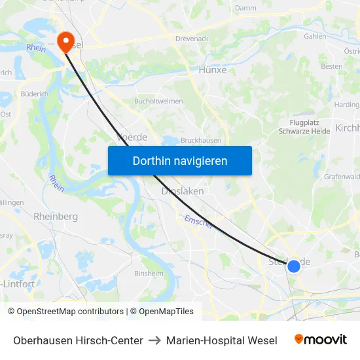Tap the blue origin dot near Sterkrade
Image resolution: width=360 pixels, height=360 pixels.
click(294, 266)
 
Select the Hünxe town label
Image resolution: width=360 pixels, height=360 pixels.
click(212, 69)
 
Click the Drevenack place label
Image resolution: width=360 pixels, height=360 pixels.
click(192, 39)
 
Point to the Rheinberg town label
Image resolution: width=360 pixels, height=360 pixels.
click(56, 216)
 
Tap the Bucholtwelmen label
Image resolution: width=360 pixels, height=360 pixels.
click(158, 101)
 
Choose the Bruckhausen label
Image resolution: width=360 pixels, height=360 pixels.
click(201, 140)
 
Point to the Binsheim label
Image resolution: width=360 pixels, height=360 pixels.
click(149, 274)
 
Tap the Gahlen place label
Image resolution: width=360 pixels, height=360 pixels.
click(315, 37)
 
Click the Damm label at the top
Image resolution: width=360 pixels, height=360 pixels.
click(245, 8)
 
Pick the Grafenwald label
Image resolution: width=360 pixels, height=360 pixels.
click(342, 176)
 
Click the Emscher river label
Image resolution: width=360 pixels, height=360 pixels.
click(198, 223)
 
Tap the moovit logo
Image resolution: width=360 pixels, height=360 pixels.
click(320, 340)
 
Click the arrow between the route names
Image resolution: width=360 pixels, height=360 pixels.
click(154, 340)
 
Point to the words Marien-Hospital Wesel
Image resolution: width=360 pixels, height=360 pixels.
click(221, 340)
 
